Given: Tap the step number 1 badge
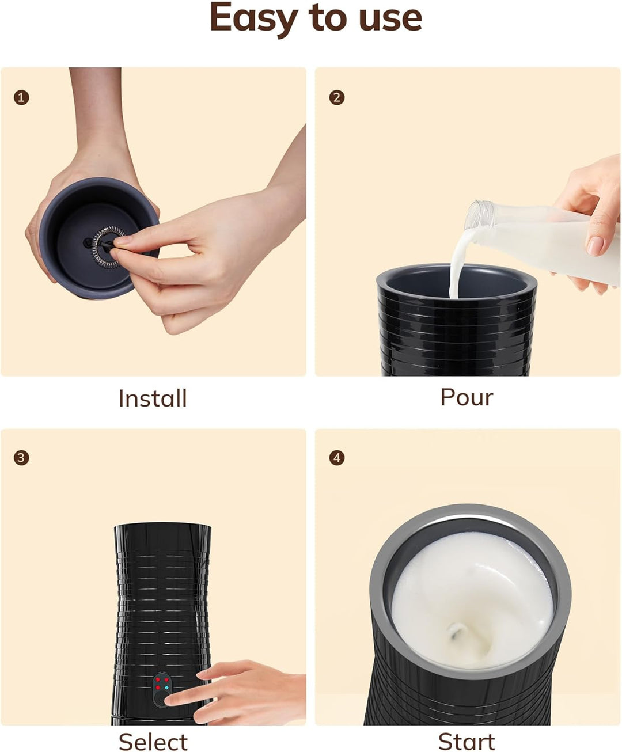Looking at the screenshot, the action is [x=21, y=98].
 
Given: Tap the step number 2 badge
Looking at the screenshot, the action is [x=337, y=98].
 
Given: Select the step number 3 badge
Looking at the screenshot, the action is [x=21, y=458].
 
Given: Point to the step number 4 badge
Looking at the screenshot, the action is [x=337, y=458].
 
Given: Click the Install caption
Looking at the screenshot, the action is [x=153, y=398].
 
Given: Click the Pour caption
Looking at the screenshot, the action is [x=466, y=397].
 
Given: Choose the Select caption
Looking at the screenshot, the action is [x=153, y=742].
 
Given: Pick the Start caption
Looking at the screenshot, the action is [x=466, y=742].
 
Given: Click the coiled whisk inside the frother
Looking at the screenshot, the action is [x=105, y=247].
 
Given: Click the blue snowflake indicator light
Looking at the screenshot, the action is [x=166, y=688].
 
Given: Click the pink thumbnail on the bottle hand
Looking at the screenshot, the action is [x=596, y=246].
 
